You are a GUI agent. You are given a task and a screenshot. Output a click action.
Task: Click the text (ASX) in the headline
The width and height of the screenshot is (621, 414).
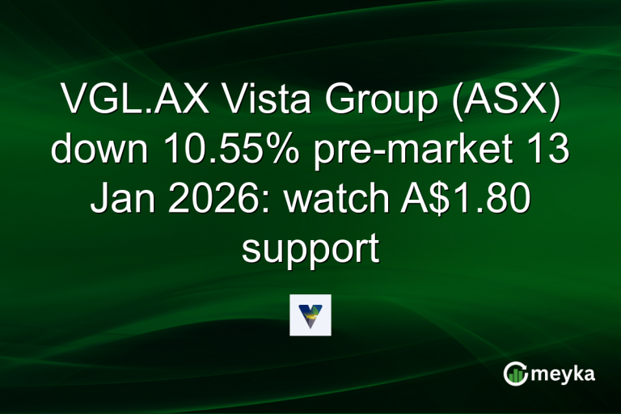[x=500, y=103]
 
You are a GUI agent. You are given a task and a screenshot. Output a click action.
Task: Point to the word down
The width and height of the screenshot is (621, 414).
[x=98, y=151]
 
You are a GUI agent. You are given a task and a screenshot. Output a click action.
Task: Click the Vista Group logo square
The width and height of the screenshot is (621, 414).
[x=310, y=315]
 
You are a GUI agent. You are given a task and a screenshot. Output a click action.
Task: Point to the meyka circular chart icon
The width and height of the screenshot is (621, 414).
[x=515, y=374]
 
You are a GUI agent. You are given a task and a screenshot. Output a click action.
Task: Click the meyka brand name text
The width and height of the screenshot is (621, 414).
[x=564, y=374]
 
